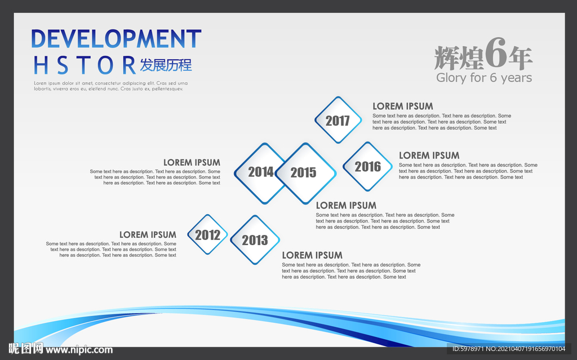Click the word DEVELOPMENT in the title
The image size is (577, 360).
point(116,39)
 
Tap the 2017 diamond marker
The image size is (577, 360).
point(338,120)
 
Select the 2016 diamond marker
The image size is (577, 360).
point(367,166)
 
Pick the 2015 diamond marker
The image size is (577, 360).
point(305,173)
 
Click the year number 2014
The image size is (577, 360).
point(260,172)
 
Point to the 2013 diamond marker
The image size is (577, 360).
point(255,240)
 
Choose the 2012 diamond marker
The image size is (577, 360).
point(207,234)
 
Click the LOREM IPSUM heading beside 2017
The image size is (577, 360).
point(402,106)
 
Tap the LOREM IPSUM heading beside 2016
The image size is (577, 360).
point(429,155)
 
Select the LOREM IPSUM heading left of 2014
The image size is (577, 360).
point(192,162)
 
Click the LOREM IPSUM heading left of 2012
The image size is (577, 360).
point(148,234)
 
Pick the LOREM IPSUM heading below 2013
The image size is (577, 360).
point(312,255)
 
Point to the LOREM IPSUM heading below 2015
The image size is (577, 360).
point(346,206)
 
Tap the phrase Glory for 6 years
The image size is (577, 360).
point(484,78)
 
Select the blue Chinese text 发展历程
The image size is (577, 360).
point(166,65)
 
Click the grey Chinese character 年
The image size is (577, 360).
point(520,58)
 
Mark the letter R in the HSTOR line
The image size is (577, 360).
point(129,65)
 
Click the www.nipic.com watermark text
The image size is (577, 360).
point(79,350)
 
